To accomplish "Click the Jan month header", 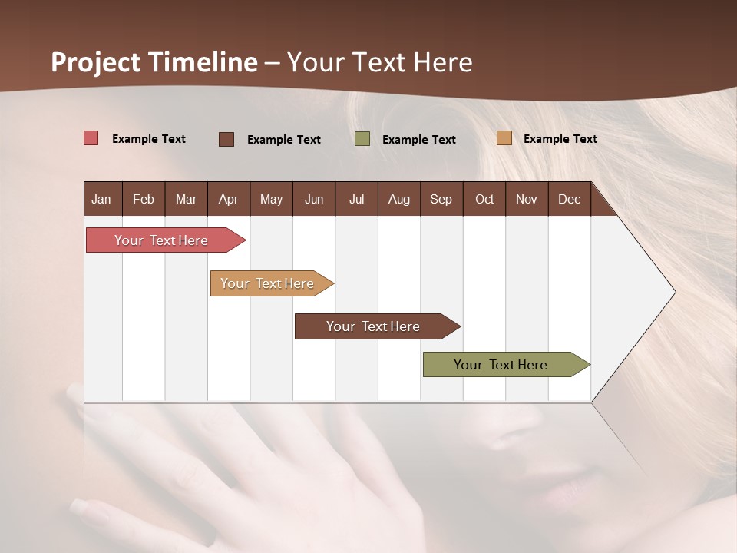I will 101,199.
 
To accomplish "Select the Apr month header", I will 228,199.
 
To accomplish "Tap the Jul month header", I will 356,199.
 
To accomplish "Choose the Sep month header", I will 441,199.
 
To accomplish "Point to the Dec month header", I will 569,199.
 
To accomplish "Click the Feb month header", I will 144,199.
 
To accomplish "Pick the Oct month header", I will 484,199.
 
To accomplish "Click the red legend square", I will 91,138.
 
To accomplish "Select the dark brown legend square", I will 226,139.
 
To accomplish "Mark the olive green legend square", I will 362,139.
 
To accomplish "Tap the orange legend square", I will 504,138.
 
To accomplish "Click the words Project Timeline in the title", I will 154,62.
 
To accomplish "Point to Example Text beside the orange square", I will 560,139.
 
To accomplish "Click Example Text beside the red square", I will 149,139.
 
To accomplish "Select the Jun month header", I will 314,199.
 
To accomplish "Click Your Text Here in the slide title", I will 380,62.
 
